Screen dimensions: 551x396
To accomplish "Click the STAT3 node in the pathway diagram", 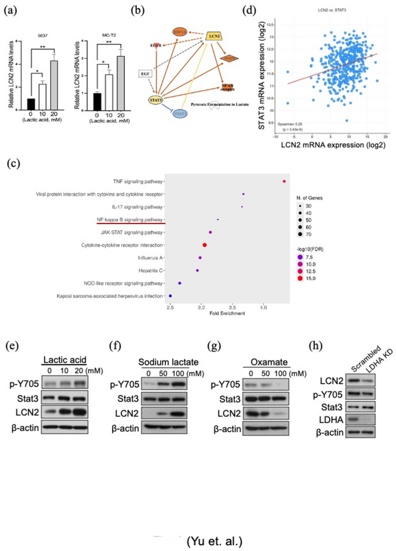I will [154, 102].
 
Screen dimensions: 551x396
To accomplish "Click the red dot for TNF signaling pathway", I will [284, 181].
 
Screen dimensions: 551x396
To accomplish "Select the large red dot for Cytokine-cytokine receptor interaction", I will [205, 245].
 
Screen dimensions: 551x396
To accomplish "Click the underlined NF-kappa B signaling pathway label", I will [123, 219].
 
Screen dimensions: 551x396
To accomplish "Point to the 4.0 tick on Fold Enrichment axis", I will [264, 308].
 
